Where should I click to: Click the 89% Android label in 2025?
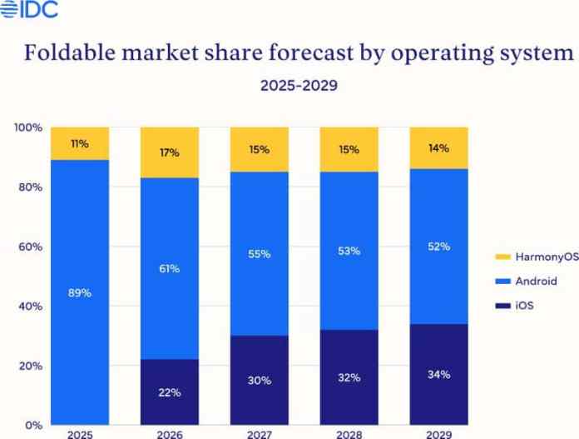click(x=80, y=292)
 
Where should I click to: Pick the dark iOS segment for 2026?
click(x=170, y=392)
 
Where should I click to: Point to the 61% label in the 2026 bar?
click(x=170, y=268)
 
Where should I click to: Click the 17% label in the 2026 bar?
click(x=170, y=153)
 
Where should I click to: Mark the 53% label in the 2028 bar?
click(x=349, y=251)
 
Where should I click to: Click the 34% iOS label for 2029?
click(x=439, y=374)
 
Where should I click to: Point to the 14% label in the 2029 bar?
click(x=439, y=148)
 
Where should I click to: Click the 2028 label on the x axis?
click(x=349, y=433)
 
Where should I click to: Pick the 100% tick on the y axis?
click(x=27, y=127)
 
